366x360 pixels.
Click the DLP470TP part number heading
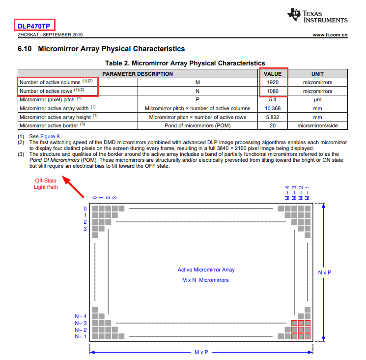(35, 25)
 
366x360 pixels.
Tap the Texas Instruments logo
(318, 16)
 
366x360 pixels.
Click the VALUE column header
(273, 74)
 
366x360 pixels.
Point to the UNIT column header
(317, 74)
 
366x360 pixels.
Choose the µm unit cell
(317, 99)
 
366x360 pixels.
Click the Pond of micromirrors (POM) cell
(197, 126)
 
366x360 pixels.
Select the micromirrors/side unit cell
(317, 126)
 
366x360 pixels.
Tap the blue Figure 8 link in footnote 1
(51, 136)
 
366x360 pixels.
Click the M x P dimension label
(201, 353)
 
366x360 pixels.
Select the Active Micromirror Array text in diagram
(206, 270)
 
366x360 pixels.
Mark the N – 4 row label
(81, 316)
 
